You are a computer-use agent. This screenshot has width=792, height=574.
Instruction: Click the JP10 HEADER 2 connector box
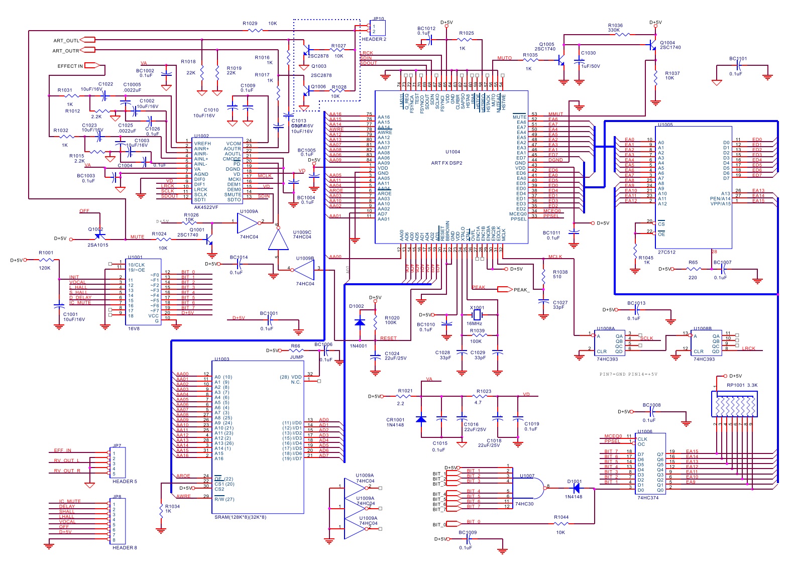click(378, 28)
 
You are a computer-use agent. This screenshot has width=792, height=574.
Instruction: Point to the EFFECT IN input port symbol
click(92, 65)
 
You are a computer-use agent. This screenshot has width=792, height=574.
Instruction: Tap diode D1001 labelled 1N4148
click(577, 488)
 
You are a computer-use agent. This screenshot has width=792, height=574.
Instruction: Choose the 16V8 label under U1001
click(134, 328)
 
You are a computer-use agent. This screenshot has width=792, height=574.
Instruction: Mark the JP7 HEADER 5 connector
click(117, 463)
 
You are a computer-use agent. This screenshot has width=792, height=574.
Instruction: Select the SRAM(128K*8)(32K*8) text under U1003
click(241, 517)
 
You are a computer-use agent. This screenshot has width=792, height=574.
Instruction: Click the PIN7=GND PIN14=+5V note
click(628, 374)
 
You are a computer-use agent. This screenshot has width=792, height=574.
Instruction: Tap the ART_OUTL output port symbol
click(88, 40)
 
